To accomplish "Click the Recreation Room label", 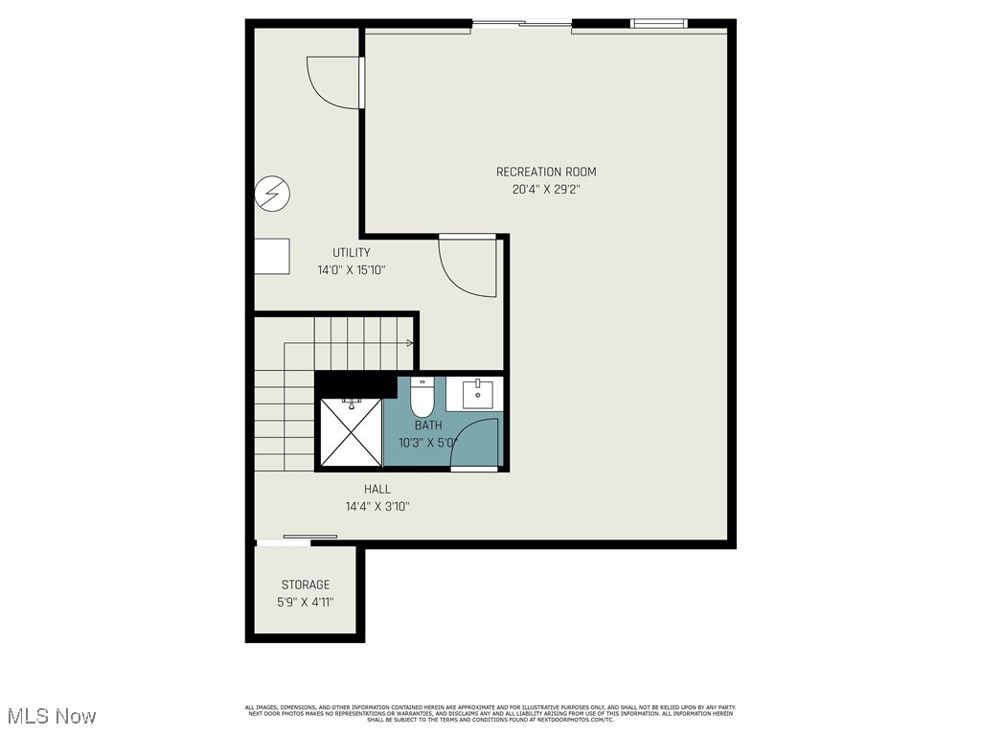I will click(x=546, y=172).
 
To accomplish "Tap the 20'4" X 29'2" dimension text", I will click(x=546, y=190).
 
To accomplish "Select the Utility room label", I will click(x=351, y=252).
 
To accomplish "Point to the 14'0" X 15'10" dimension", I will click(x=351, y=270).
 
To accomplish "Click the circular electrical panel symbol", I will click(x=271, y=195).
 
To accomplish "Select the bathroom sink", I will click(x=476, y=393).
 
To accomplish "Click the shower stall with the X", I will click(x=350, y=432).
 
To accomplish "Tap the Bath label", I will click(x=428, y=425).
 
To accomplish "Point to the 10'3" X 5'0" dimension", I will click(x=428, y=443).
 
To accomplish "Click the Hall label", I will click(x=376, y=489).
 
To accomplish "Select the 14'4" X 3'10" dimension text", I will click(x=376, y=507).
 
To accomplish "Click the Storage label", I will click(x=305, y=585).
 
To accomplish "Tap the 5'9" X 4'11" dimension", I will click(x=305, y=603).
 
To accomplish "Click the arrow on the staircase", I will click(x=410, y=343).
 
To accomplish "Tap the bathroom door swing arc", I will click(x=474, y=444).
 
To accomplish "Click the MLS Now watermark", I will click(x=50, y=716).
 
